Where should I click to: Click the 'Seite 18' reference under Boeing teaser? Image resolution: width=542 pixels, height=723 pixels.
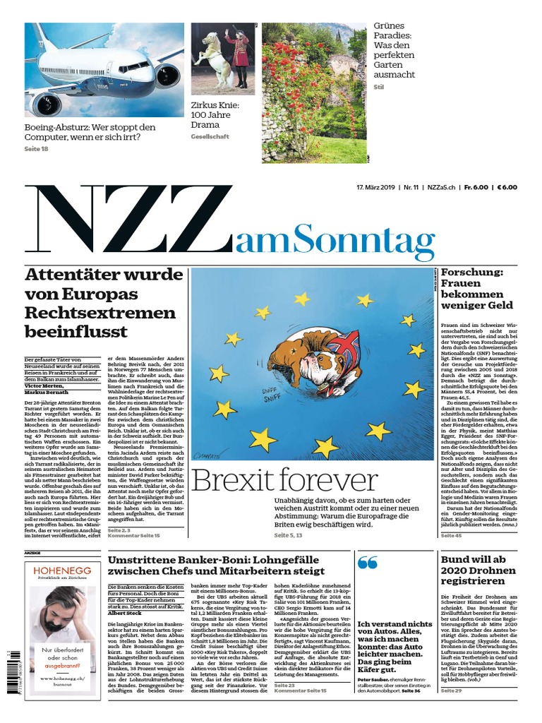[36, 150]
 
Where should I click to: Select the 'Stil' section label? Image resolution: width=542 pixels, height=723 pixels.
[379, 87]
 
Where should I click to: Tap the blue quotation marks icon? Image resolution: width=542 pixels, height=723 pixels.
[368, 563]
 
